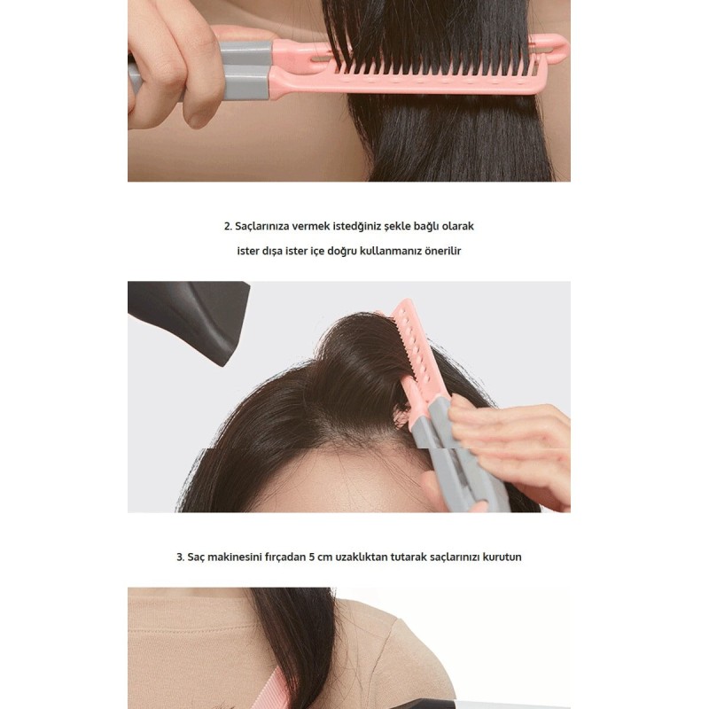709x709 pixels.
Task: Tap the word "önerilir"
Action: (440, 251)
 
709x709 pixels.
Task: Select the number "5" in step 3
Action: (311, 557)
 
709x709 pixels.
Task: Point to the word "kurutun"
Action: (502, 557)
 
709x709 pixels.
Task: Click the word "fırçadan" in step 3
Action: (282, 557)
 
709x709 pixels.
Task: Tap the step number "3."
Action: (180, 557)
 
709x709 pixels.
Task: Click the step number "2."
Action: (228, 227)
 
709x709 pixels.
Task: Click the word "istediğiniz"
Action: (347, 227)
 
